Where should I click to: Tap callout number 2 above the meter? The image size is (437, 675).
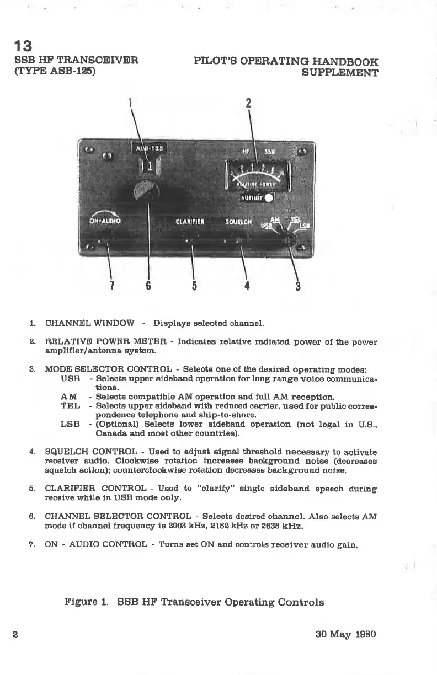(x=248, y=103)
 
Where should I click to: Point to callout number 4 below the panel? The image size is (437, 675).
(x=247, y=286)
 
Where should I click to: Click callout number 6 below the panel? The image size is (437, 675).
(x=148, y=286)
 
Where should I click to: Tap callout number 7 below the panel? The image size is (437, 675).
(x=112, y=286)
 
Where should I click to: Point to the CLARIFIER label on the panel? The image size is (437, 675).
(x=190, y=222)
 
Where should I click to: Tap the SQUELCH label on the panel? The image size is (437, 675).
(x=238, y=222)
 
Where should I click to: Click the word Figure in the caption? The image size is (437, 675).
(x=82, y=602)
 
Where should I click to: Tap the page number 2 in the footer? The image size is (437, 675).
(x=16, y=635)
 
